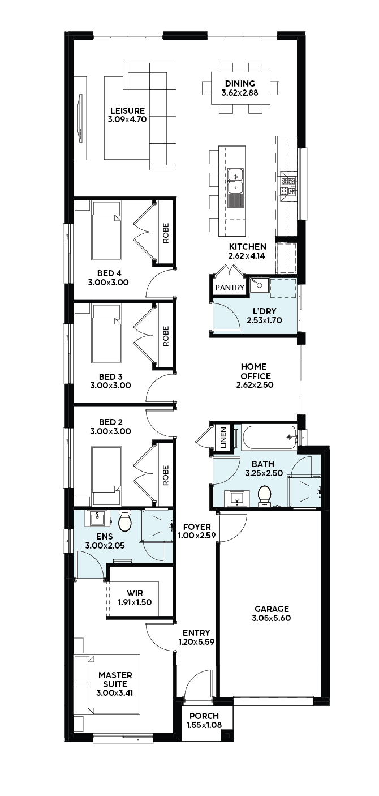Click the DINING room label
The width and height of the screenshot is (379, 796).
coord(240,84)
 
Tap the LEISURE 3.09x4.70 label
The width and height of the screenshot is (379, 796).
coord(127,115)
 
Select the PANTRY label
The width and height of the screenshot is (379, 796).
coord(230,288)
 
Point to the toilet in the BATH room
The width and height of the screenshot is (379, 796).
coord(264,496)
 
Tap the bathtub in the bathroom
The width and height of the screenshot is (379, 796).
coord(269,437)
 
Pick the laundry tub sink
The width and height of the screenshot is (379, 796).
coord(260,285)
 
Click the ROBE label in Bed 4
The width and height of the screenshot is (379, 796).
coord(166,233)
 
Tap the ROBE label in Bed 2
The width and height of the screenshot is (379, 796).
coord(166,475)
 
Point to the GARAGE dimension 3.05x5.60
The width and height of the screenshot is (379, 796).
coord(272,618)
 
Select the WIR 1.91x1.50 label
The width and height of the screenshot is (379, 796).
coord(135,598)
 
